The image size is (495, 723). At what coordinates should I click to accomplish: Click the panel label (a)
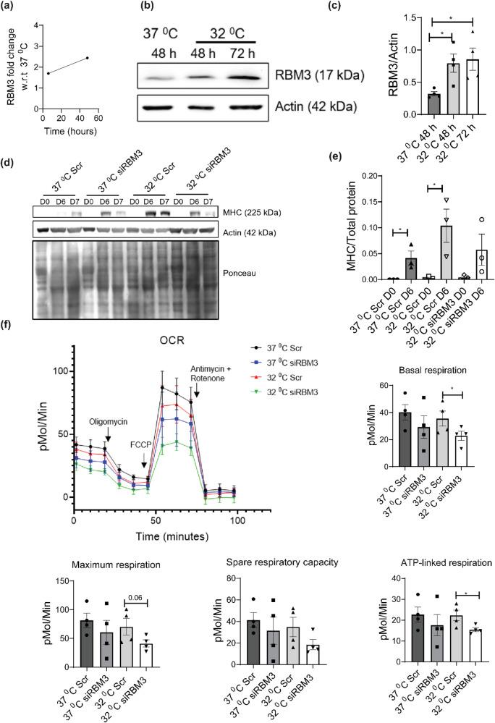(x=9, y=7)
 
